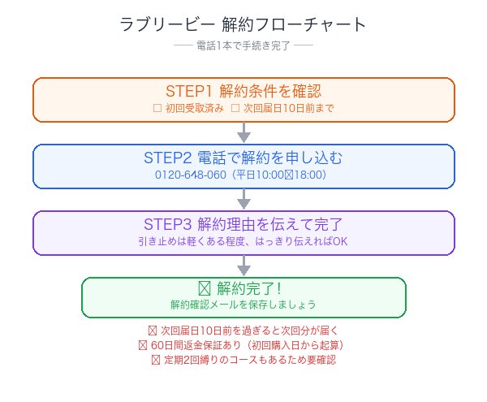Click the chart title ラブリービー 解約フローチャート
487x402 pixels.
click(243, 24)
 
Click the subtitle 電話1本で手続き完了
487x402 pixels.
click(243, 46)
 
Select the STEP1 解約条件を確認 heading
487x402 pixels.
click(243, 90)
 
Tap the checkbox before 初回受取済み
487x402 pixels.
click(158, 108)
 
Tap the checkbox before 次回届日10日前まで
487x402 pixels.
click(235, 108)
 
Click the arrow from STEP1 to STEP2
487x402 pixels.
click(243, 132)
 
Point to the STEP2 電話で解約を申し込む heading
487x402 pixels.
click(243, 157)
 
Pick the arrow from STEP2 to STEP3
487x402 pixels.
click(243, 199)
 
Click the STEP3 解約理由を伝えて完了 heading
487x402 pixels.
click(243, 223)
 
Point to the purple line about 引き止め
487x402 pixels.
click(243, 241)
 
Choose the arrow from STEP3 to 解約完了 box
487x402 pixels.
click(243, 266)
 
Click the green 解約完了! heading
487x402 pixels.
click(243, 288)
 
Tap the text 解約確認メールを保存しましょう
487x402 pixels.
click(243, 305)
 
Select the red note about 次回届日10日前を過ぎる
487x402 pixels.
click(243, 331)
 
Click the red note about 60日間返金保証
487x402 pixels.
click(243, 345)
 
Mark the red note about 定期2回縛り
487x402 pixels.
click(243, 360)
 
